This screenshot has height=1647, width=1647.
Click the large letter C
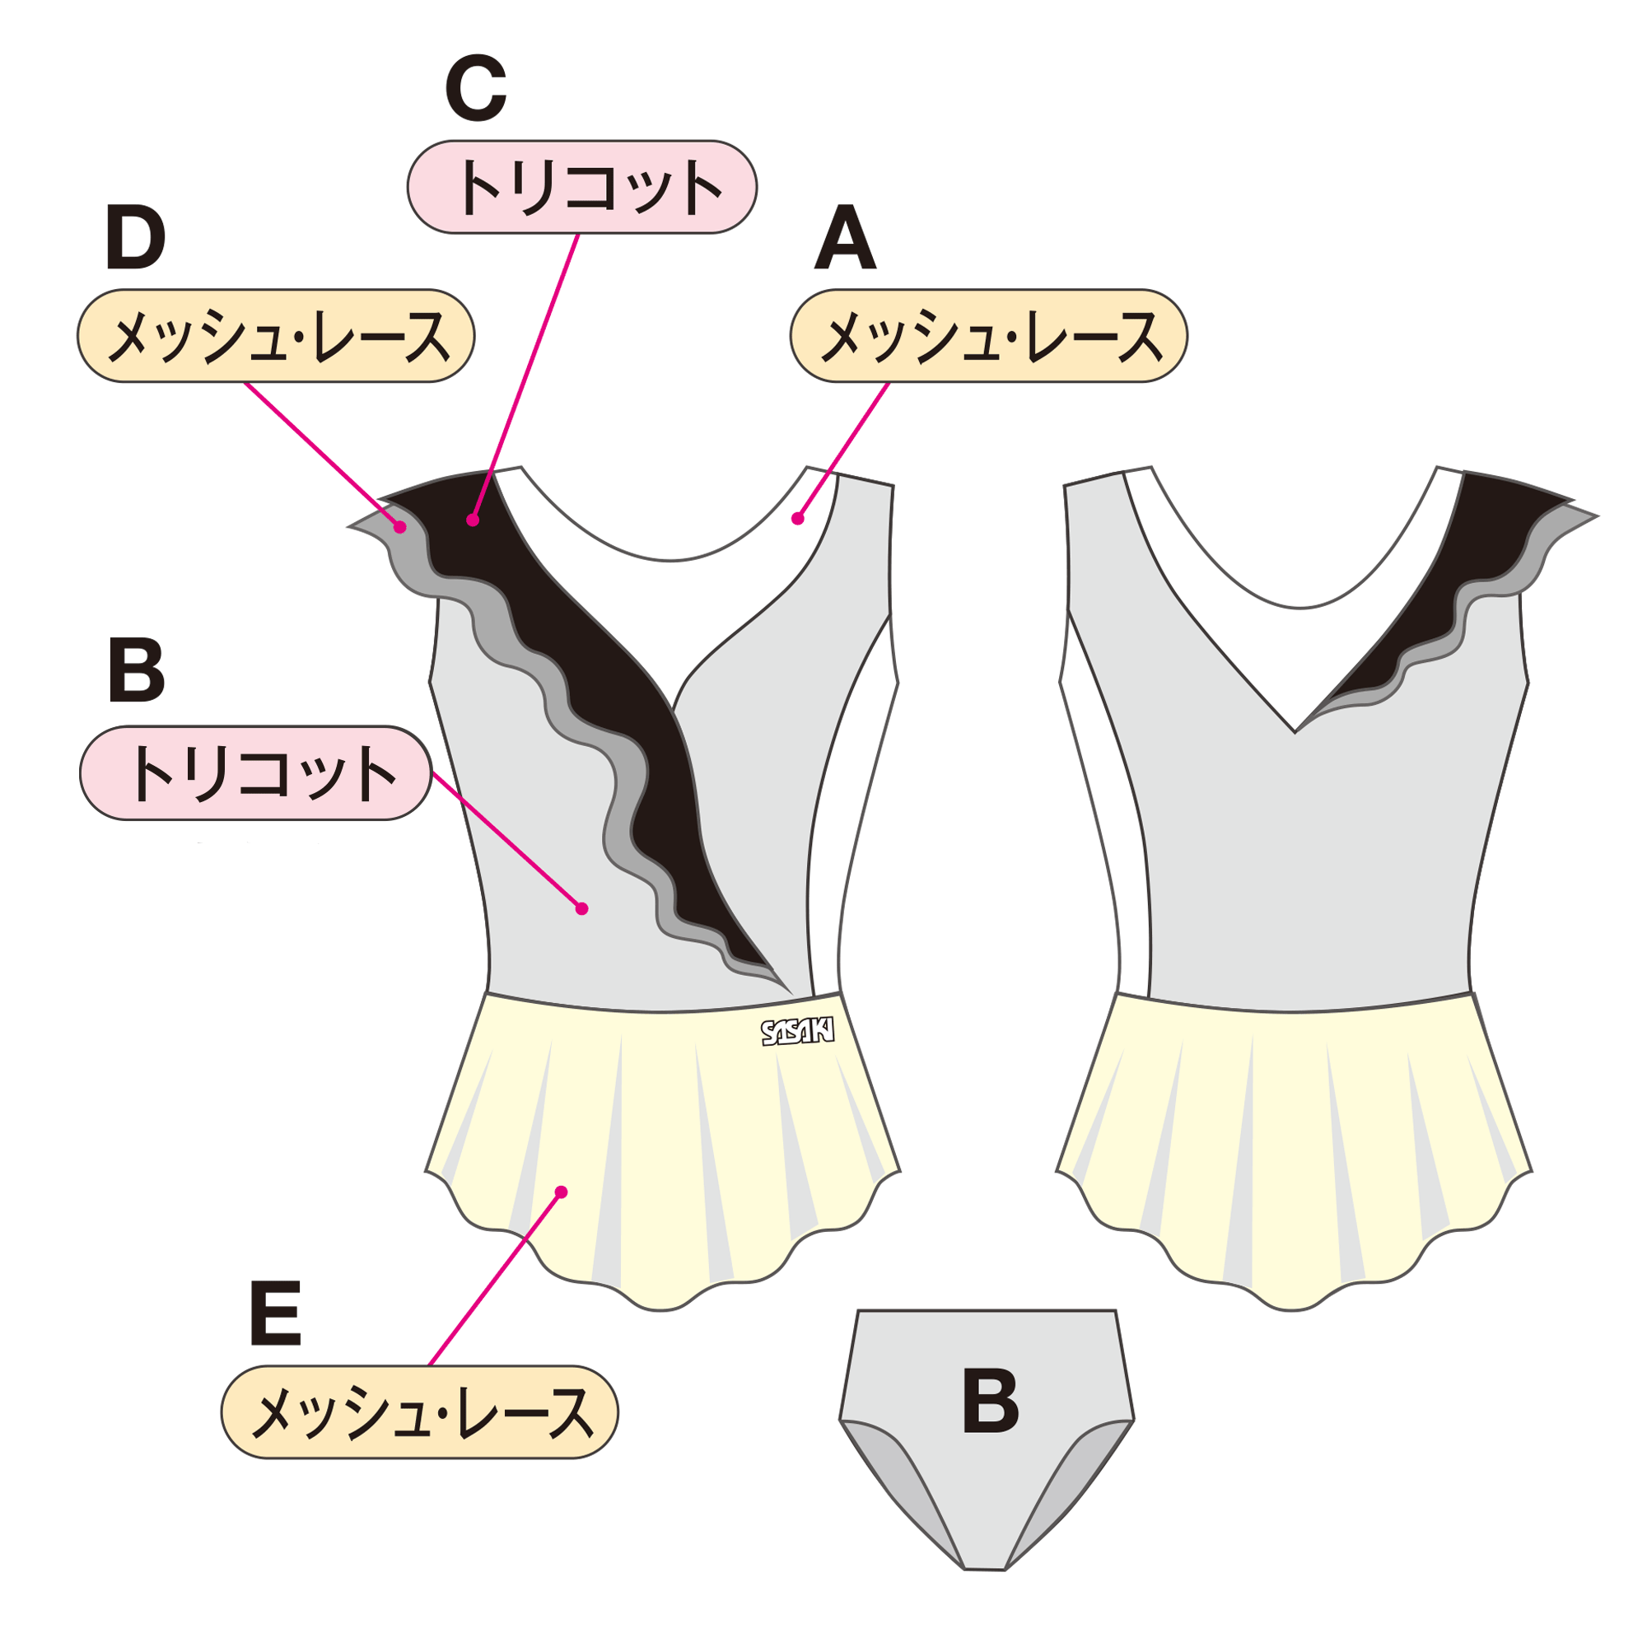coord(476,88)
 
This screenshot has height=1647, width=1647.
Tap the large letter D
coord(136,240)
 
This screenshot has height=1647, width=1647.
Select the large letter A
coord(845,240)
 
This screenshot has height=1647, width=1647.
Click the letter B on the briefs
coord(990,1402)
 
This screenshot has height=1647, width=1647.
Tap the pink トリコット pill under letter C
coord(581,187)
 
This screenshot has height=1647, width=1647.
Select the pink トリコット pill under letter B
coord(256,773)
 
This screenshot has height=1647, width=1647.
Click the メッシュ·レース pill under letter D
coord(275,336)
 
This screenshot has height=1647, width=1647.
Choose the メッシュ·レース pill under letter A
coord(988,336)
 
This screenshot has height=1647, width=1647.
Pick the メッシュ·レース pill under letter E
coord(419,1412)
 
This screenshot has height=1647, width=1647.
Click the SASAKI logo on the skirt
coord(796,1033)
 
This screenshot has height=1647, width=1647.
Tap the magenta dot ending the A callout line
coord(798,518)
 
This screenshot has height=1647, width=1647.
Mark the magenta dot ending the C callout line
coord(474,520)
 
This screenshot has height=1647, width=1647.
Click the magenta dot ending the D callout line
coord(400,527)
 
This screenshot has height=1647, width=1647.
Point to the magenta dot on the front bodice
coord(582,909)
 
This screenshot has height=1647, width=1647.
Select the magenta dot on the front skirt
coord(561,1192)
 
